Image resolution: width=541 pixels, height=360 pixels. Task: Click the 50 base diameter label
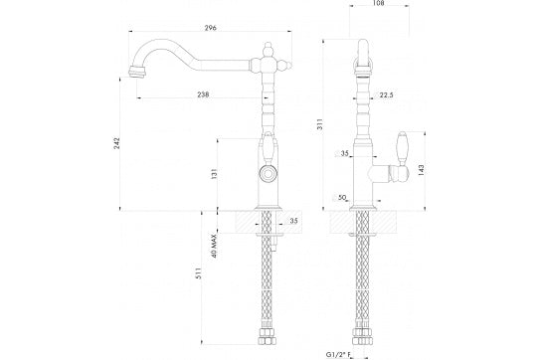(343, 199)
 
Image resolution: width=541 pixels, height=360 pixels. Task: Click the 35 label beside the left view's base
(293, 220)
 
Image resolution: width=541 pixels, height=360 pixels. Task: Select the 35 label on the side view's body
(345, 155)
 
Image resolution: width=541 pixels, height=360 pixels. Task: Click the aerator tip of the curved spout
(134, 72)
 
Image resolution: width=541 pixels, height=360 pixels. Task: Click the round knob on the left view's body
(266, 173)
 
